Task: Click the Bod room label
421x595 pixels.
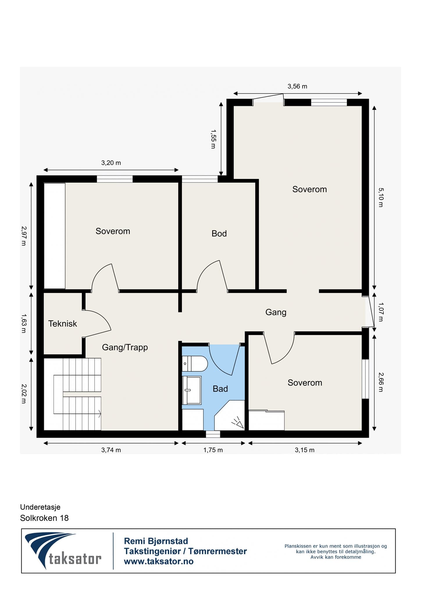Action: pyautogui.click(x=219, y=233)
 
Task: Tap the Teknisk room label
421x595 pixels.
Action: pyautogui.click(x=63, y=324)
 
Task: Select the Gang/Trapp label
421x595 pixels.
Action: pyautogui.click(x=125, y=347)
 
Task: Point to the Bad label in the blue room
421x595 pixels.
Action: pyautogui.click(x=220, y=389)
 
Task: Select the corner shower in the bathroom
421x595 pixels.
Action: pyautogui.click(x=229, y=415)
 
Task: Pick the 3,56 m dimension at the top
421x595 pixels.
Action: pyautogui.click(x=297, y=86)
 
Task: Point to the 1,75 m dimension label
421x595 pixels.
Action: pyautogui.click(x=213, y=450)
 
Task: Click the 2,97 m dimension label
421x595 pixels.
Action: pyautogui.click(x=24, y=236)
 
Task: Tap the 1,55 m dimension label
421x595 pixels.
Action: pyautogui.click(x=213, y=139)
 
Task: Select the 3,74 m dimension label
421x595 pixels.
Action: pyautogui.click(x=111, y=450)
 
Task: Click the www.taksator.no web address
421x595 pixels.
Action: pyautogui.click(x=159, y=561)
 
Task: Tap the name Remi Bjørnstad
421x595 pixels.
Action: pyautogui.click(x=156, y=541)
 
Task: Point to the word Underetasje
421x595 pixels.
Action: pyautogui.click(x=40, y=507)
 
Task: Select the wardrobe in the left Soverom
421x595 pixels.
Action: pyautogui.click(x=54, y=236)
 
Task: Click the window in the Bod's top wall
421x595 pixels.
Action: pyautogui.click(x=200, y=179)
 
